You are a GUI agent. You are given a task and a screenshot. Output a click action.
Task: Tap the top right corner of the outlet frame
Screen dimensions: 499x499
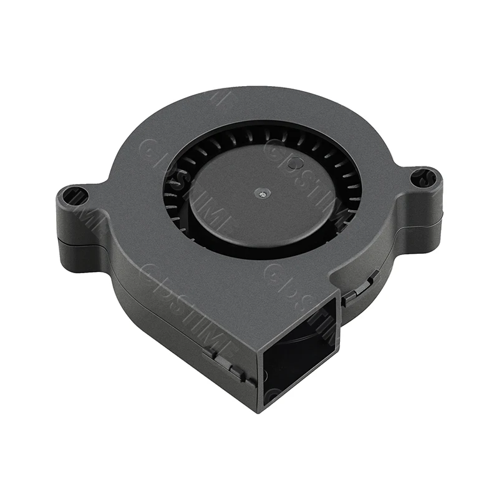pos(341,299)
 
